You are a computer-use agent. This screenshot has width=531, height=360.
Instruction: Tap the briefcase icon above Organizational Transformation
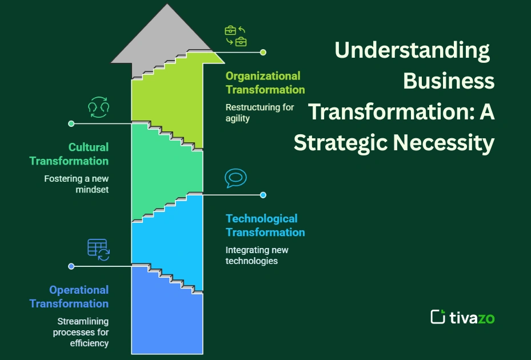coord(235,35)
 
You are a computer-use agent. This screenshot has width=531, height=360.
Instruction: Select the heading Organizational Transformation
coord(265,83)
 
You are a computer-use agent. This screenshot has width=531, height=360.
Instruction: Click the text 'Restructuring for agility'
coord(259,113)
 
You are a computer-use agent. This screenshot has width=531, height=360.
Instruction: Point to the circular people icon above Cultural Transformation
coord(98,107)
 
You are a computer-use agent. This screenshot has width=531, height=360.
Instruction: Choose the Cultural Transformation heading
coord(69,154)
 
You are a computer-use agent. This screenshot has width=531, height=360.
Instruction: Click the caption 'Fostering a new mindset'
coord(77,184)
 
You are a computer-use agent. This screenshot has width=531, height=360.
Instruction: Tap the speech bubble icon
coord(235,178)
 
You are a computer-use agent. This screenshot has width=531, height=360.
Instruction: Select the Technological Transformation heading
coord(265,226)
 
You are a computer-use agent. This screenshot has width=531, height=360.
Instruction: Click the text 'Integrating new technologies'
coord(257,255)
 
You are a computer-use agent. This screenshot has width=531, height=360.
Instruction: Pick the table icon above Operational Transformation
coord(98,250)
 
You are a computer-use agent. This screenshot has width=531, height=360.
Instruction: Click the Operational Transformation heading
coord(69,297)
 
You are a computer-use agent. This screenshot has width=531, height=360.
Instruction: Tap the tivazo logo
coord(462,317)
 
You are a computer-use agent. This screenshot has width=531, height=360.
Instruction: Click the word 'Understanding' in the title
coord(412,50)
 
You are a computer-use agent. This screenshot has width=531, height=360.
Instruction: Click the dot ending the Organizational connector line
coord(263,52)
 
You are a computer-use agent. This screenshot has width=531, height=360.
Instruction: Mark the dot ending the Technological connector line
coord(263,195)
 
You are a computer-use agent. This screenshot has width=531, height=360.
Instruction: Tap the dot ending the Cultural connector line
coord(71,123)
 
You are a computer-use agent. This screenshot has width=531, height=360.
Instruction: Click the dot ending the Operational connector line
coord(71,266)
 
